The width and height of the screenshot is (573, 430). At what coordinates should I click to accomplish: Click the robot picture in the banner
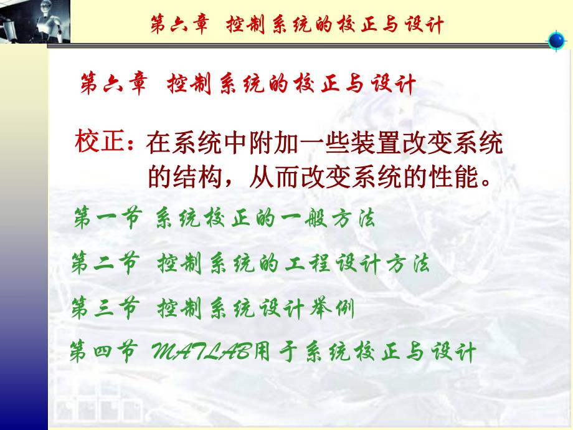(35, 21)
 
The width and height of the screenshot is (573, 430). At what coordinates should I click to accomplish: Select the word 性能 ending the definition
(450, 179)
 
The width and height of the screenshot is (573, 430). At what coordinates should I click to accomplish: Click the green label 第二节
(104, 264)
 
